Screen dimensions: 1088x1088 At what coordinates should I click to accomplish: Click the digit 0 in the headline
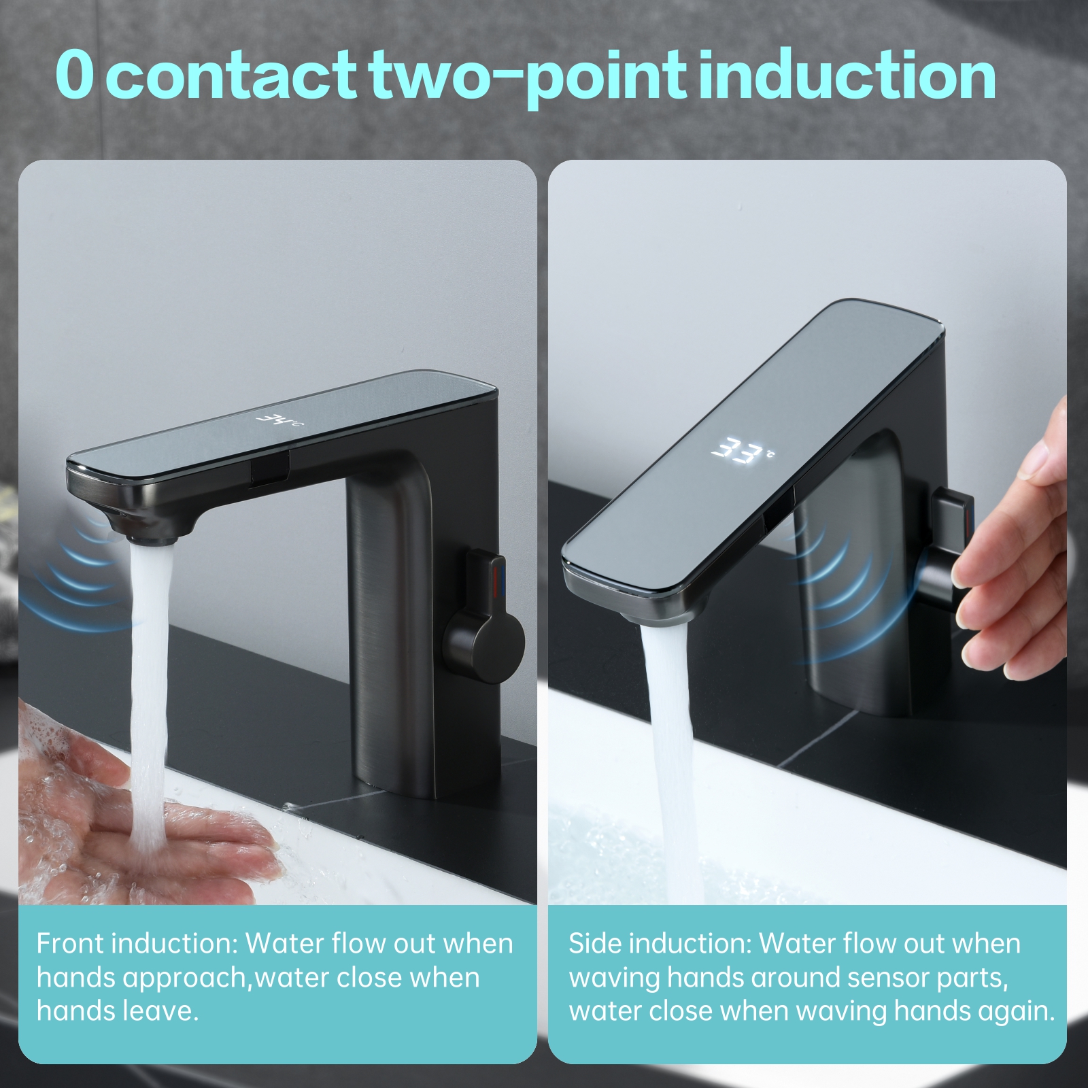click(74, 75)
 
